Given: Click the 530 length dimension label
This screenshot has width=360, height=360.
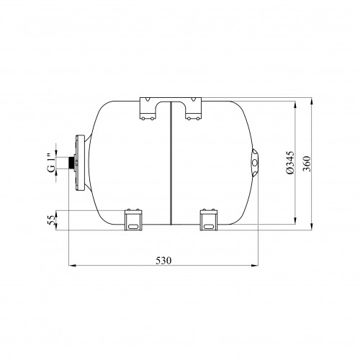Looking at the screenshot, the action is pos(163,261).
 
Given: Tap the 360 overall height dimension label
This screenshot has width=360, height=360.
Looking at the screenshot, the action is pos(307,163).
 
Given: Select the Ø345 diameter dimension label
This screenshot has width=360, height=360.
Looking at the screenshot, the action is pos(290,163).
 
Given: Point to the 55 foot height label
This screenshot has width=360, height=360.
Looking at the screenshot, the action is pos(51,220).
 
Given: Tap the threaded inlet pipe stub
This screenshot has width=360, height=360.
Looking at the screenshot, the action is pos(71,163).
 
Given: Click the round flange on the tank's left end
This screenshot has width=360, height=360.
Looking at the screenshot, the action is pos(80,163).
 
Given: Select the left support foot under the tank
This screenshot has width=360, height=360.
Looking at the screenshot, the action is pos(133,220).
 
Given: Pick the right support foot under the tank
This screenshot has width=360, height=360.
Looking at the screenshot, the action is pos(209,220).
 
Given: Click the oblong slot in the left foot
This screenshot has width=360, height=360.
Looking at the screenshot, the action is pos(132,226).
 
